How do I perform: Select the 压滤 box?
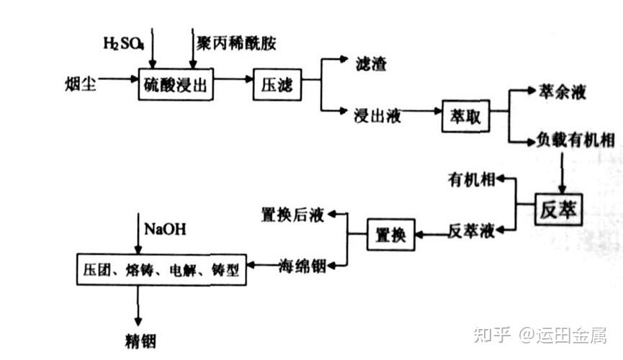click(x=276, y=86)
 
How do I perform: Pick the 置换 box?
click(x=392, y=235)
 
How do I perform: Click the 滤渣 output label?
click(x=372, y=63)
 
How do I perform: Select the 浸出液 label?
click(x=377, y=114)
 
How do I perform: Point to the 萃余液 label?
click(x=563, y=92)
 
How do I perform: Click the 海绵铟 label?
click(x=302, y=266)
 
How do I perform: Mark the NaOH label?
click(x=165, y=230)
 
